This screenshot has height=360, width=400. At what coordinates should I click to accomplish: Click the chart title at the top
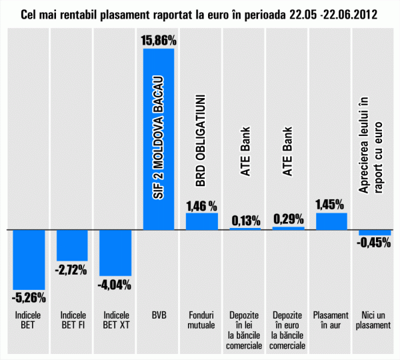coord(199,14)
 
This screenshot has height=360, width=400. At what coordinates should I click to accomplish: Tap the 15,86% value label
coord(159,41)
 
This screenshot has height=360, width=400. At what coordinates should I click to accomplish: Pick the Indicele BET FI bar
coord(72,245)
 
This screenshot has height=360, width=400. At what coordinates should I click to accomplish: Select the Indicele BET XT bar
coord(115,252)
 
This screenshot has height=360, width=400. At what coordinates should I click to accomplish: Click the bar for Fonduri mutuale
coord(202,221)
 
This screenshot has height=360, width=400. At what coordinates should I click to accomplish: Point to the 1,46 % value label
coord(202,205)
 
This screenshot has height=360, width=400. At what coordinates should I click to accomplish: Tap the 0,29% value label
coord(289,218)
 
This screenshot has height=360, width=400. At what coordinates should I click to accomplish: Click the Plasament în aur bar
coord(331,221)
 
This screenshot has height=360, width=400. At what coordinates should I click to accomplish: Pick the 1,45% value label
coord(331,205)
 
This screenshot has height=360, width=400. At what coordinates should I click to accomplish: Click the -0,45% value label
coord(374,243)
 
